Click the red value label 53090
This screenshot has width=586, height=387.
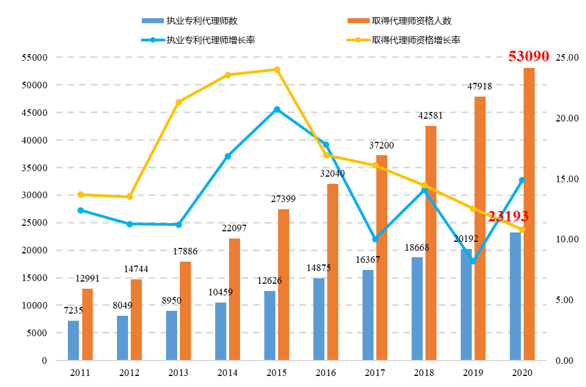528,56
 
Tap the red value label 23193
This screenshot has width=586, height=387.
508,216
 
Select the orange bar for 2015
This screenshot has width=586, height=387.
284,284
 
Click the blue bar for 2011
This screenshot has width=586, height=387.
73,340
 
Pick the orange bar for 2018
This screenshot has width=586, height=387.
431,243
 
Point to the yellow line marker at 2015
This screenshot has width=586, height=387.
277,70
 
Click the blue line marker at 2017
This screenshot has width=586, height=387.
375,239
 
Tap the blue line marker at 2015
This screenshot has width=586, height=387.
277,109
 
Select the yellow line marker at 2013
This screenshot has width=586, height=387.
179,102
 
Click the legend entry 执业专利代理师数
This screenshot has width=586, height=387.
190,21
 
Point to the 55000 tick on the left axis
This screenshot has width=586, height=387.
34,57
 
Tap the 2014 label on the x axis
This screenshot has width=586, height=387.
227,373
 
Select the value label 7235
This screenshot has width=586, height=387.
73,310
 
